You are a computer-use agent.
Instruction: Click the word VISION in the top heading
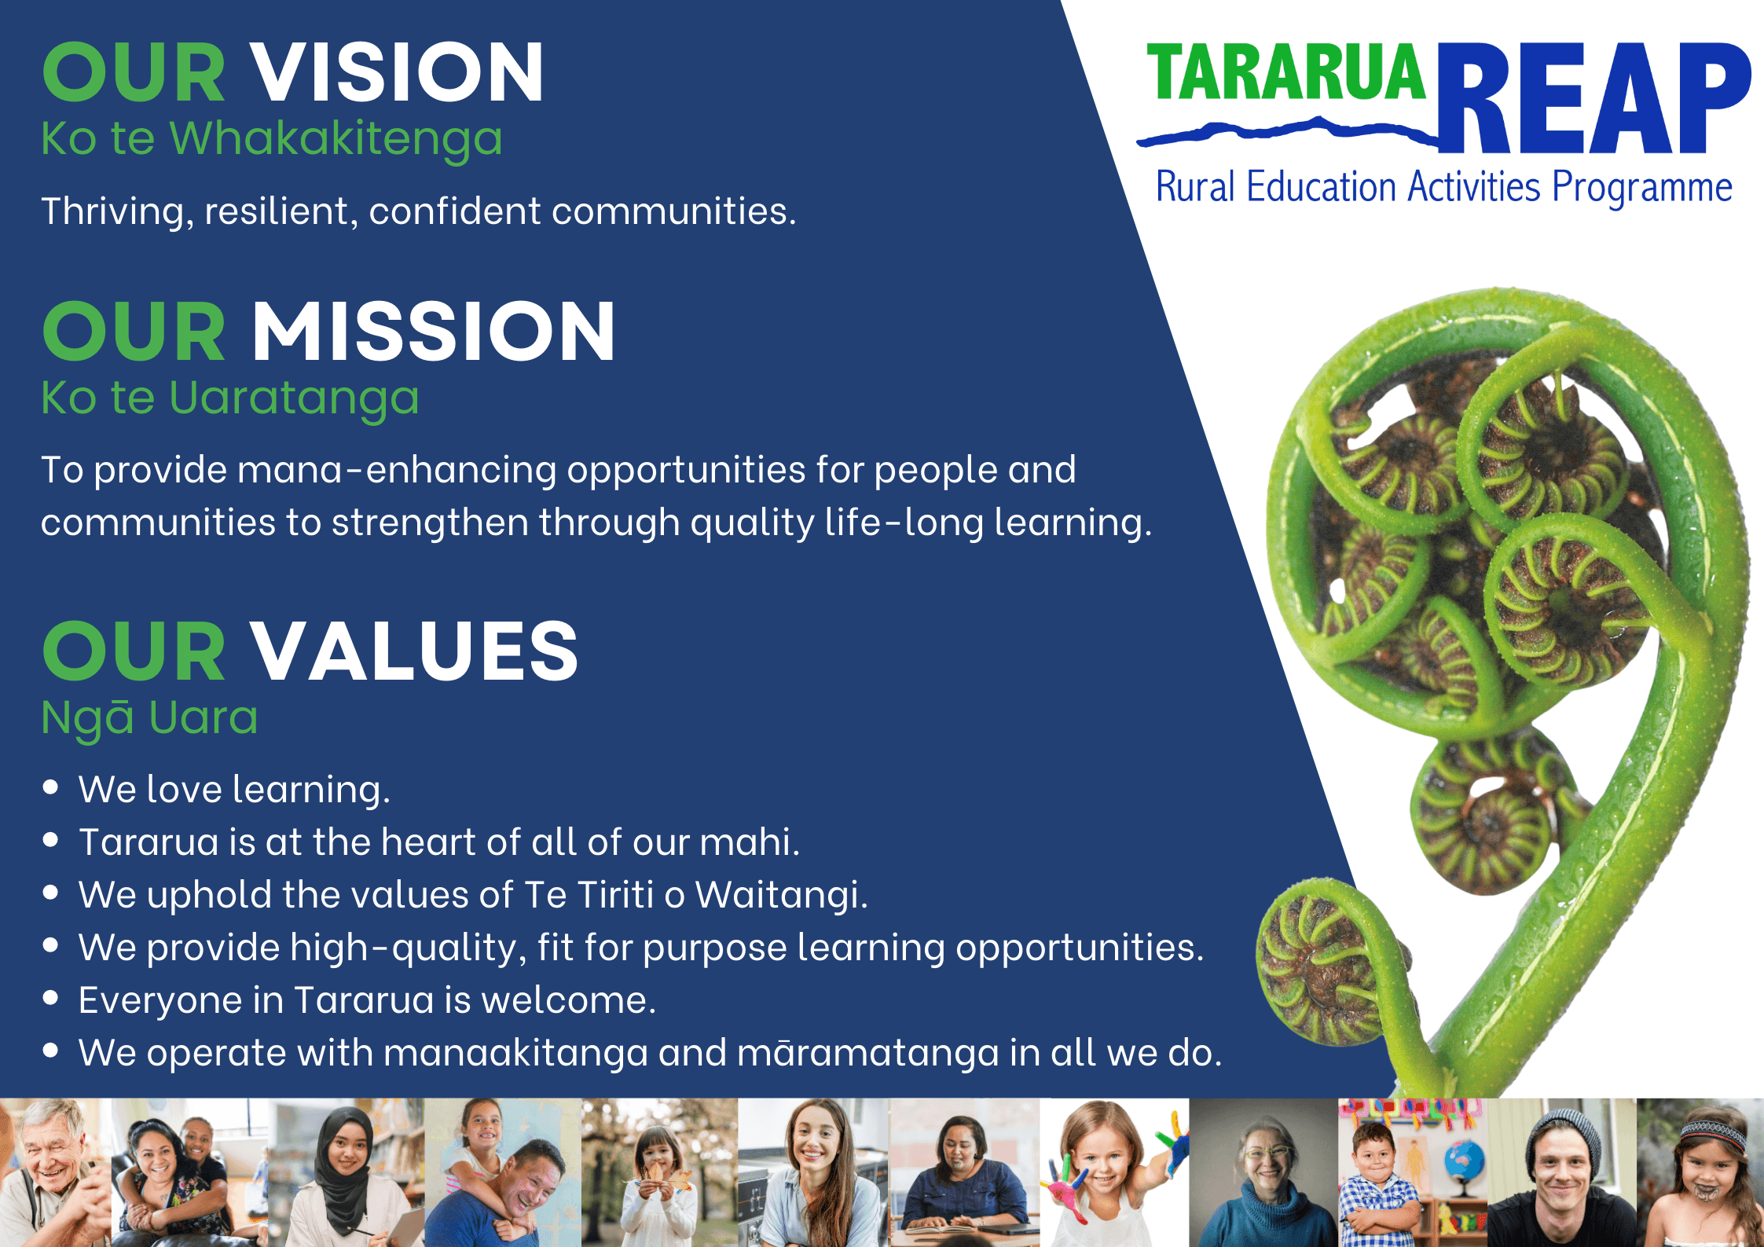coord(398,72)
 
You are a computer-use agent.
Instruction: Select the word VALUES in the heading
coord(415,651)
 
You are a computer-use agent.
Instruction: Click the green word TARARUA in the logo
coord(1286,72)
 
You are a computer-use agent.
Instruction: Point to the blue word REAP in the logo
coord(1595,97)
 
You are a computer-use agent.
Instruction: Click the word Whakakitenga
coord(336,140)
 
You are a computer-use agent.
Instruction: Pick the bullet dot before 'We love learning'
coord(51,787)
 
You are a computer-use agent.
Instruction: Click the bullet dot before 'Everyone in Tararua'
coord(51,998)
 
